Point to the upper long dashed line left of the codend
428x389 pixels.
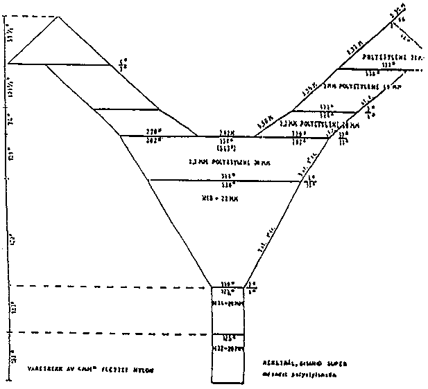111,285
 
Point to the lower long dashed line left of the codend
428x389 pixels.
111,333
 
